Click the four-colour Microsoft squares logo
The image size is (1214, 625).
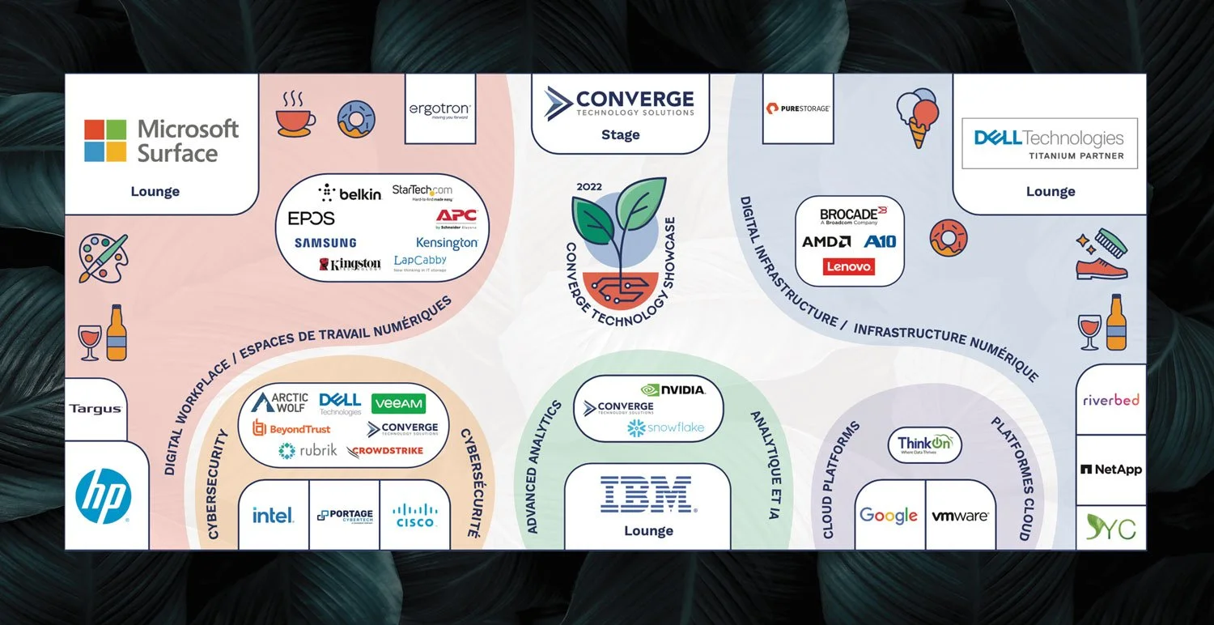coord(105,141)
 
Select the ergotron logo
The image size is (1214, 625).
coord(439,109)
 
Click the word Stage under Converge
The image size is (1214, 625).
coord(620,134)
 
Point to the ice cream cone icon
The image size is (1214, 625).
coord(918,118)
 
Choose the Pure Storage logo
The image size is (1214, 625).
coord(797,108)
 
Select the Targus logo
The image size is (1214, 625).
coord(96,409)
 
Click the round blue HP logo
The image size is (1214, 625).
coord(103,496)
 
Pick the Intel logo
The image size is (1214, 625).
coord(273,515)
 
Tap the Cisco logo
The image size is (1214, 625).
coord(414,515)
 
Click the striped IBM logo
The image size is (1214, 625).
coord(647,494)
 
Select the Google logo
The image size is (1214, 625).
coord(888,516)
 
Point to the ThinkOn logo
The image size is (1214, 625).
coord(924,444)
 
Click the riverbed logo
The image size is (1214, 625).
coord(1110,400)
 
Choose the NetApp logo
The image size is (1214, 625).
coord(1110,469)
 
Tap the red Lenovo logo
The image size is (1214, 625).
coord(849,266)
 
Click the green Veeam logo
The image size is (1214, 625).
coord(398,403)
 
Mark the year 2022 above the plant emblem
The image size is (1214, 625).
coord(589,187)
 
